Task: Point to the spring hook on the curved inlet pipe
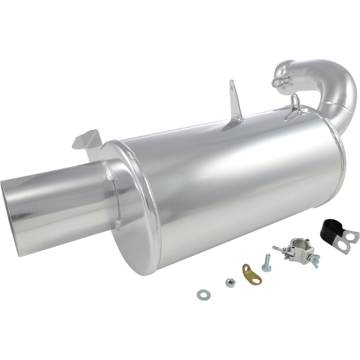(280, 81)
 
